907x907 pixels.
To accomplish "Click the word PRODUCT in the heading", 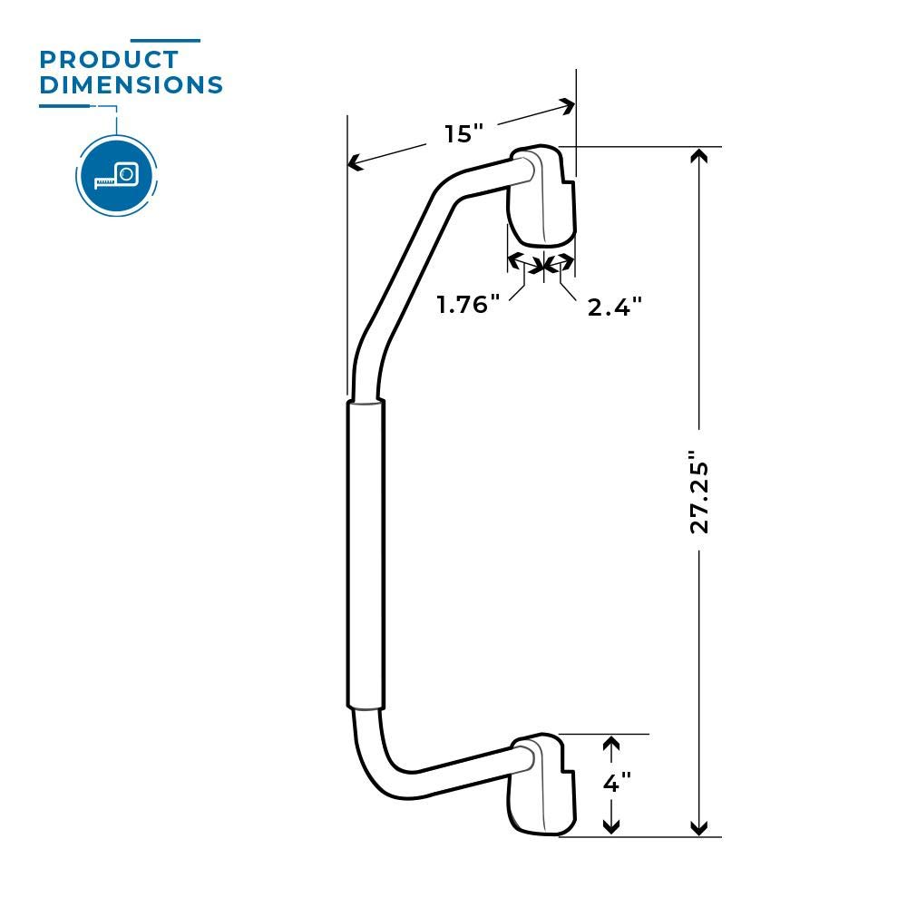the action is tap(109, 61).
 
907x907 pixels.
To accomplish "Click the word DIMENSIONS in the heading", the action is tap(132, 85).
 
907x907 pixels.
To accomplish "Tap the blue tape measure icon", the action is tap(116, 175).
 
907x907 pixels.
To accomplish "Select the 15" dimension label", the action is tap(463, 134).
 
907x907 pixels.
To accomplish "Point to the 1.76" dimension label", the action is tap(469, 305).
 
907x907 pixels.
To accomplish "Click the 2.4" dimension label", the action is tap(614, 307).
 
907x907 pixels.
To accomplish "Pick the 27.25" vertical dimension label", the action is tap(698, 491).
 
